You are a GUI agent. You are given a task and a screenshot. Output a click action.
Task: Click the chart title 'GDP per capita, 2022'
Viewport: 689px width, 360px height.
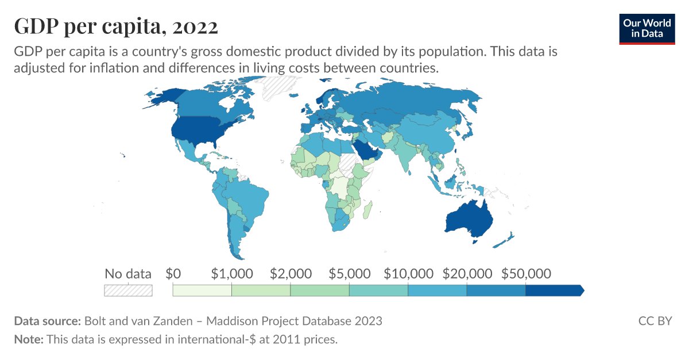pyautogui.click(x=115, y=26)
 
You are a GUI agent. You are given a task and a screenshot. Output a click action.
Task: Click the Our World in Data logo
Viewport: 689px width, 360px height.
pyautogui.click(x=647, y=28)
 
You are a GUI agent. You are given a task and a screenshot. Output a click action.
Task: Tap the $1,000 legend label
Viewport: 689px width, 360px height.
pyautogui.click(x=232, y=273)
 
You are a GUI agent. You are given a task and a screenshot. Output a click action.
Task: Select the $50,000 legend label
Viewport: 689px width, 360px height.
pyautogui.click(x=526, y=273)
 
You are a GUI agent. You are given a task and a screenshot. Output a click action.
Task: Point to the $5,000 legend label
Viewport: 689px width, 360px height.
pyautogui.click(x=350, y=273)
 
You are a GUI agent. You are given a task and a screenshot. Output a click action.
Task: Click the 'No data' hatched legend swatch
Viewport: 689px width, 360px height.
pyautogui.click(x=128, y=291)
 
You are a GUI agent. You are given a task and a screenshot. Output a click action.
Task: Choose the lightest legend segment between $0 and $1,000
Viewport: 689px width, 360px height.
pyautogui.click(x=202, y=291)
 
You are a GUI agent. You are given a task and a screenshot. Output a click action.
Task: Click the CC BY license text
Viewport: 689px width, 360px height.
pyautogui.click(x=655, y=320)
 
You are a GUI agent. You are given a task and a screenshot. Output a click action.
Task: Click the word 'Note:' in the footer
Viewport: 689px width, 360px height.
pyautogui.click(x=29, y=339)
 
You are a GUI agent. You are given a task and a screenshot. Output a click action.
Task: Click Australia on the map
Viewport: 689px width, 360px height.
pyautogui.click(x=468, y=219)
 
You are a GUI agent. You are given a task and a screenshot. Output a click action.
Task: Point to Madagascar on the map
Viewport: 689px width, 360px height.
pyautogui.click(x=367, y=209)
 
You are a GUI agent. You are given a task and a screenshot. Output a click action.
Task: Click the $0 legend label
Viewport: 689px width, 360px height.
pyautogui.click(x=173, y=273)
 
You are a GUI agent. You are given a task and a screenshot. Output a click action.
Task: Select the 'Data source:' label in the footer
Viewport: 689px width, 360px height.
pyautogui.click(x=47, y=320)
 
